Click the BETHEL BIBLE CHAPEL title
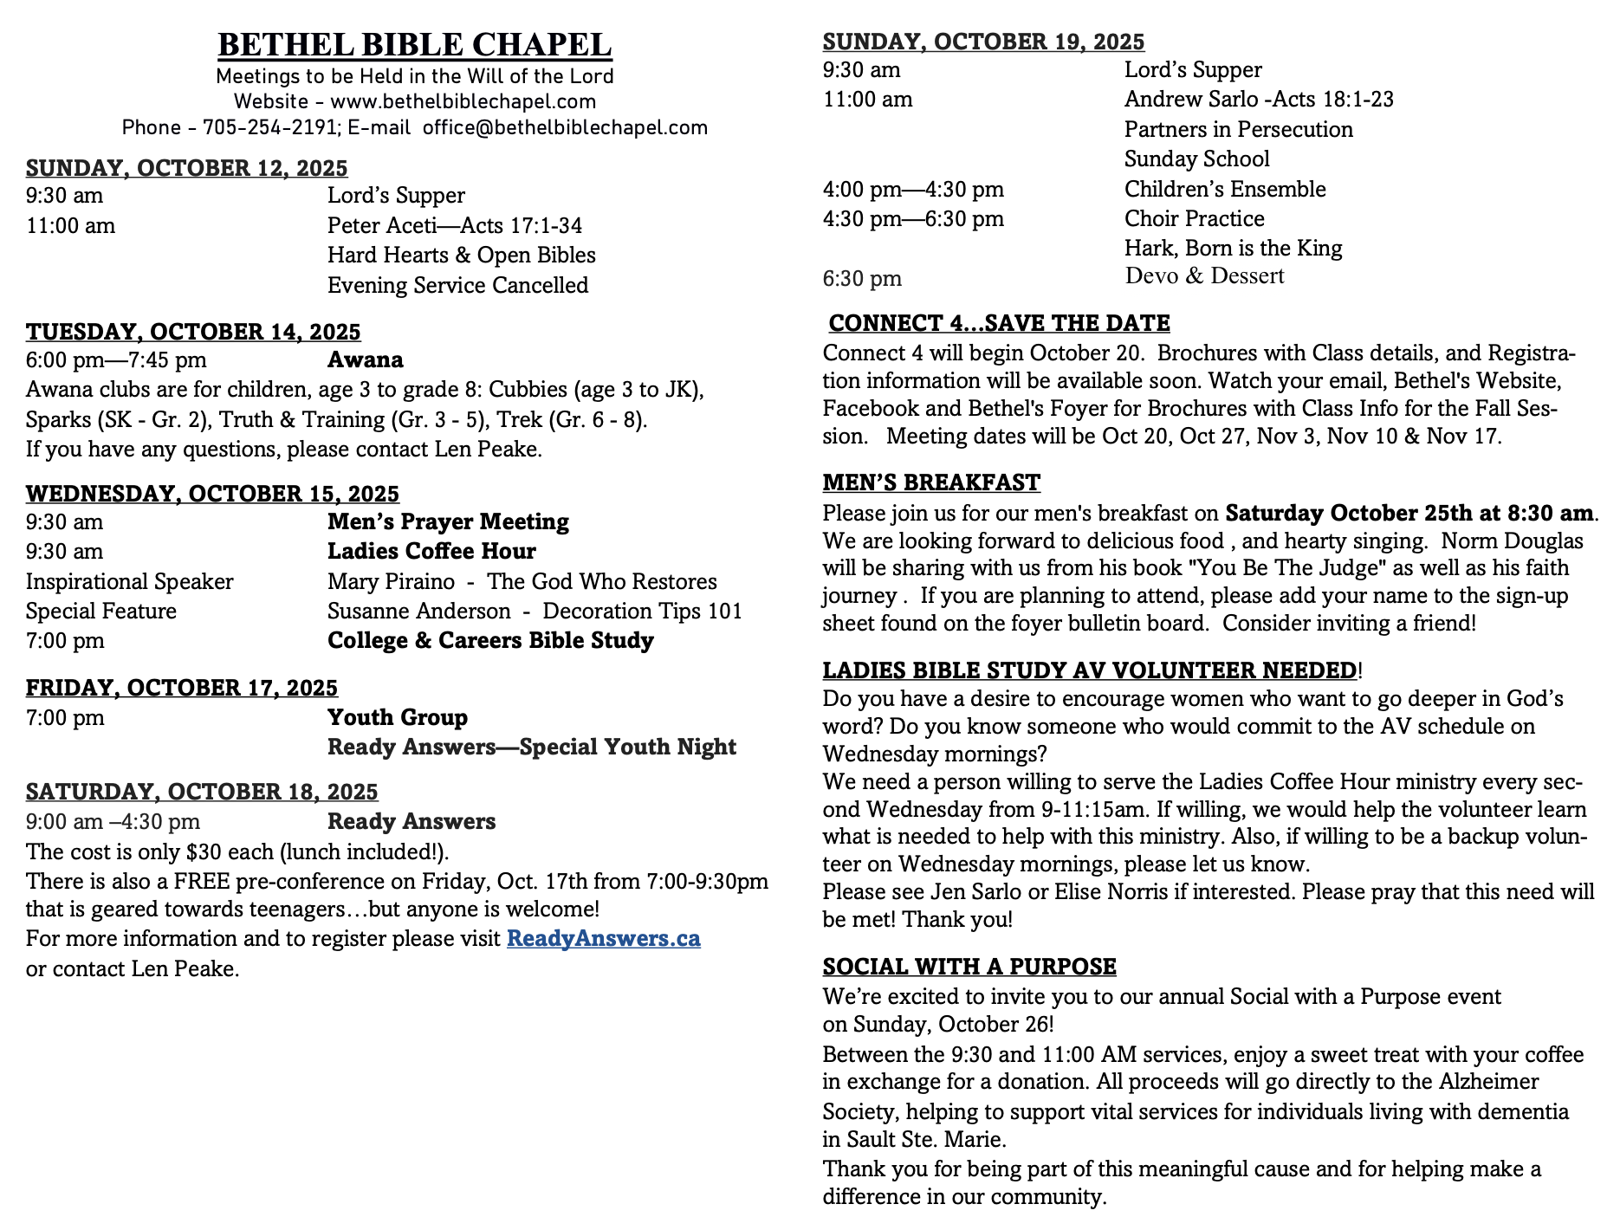pos(414,45)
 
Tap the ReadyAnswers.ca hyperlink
pos(603,939)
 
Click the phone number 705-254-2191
pos(269,128)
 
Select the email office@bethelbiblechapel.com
pos(565,128)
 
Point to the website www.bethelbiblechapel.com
pos(463,102)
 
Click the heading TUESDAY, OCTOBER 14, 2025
pos(193,332)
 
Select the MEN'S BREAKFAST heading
pos(931,482)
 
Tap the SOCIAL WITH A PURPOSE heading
pos(969,967)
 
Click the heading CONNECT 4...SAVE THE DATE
pos(999,323)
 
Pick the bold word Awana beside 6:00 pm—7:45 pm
pos(365,360)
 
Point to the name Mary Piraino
pos(391,581)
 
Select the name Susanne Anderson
pos(418,612)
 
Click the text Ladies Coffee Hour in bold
pos(431,552)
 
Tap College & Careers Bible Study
pos(490,641)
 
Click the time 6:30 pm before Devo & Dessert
pos(862,279)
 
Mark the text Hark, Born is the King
pos(1233,249)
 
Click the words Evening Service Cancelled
pos(457,286)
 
